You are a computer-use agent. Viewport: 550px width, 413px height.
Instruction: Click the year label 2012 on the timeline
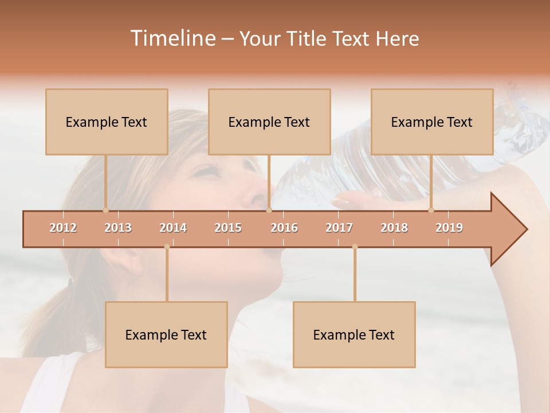(63, 228)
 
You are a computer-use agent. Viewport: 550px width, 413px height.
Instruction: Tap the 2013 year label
(118, 228)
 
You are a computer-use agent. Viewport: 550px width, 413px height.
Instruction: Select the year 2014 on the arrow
(173, 228)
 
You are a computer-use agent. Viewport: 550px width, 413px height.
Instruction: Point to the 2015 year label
(228, 228)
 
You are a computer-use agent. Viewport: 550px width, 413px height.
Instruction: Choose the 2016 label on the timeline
(284, 228)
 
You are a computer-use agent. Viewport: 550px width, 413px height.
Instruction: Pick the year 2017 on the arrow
(339, 228)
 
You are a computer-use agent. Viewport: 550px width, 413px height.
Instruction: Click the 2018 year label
(394, 228)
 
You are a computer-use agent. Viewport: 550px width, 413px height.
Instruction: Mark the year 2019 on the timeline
(449, 228)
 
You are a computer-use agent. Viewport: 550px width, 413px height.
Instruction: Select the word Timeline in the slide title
(172, 38)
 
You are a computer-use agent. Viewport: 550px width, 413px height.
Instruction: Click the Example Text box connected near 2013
(107, 122)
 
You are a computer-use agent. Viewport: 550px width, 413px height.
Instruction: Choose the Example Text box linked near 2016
(269, 122)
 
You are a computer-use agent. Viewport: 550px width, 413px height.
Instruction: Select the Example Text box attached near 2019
(432, 122)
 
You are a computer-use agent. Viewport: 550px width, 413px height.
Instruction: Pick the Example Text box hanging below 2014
(166, 334)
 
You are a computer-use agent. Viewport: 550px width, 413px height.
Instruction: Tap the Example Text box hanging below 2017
(354, 334)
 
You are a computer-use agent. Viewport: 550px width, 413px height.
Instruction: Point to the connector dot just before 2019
(431, 209)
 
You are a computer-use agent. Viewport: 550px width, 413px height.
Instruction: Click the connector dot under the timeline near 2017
(355, 247)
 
